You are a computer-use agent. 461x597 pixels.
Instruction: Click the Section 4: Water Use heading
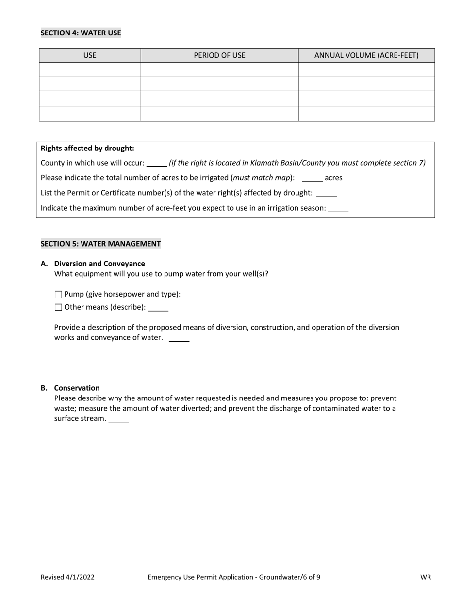tap(81, 33)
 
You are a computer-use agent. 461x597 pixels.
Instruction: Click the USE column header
tap(90, 55)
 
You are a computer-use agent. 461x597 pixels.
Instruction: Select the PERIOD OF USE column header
tap(219, 55)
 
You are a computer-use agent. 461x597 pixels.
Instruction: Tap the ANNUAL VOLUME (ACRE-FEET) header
tap(366, 55)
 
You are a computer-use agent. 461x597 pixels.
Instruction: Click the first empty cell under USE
tap(90, 69)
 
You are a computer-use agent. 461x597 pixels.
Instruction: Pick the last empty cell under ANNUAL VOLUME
tap(366, 114)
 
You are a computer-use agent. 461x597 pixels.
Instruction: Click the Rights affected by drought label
tap(87, 149)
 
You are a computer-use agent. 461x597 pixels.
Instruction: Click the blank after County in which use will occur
tap(157, 164)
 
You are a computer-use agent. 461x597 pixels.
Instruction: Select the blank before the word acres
tap(312, 178)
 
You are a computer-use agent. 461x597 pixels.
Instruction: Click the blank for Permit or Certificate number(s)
tap(326, 193)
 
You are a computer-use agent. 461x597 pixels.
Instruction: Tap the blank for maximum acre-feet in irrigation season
tap(338, 208)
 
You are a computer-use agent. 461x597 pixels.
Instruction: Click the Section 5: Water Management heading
tap(100, 244)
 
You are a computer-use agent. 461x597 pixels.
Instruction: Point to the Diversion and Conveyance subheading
tap(99, 264)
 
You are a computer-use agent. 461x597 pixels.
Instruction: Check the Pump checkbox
tap(59, 294)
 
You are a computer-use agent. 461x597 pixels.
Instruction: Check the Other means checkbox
tap(59, 307)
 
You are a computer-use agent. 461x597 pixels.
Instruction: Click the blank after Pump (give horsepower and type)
tap(193, 295)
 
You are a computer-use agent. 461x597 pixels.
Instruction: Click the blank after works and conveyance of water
tap(179, 338)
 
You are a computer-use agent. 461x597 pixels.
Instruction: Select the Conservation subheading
tap(77, 388)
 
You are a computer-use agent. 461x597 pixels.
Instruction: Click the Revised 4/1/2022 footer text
tap(67, 577)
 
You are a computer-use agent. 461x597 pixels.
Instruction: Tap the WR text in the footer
tap(426, 577)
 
